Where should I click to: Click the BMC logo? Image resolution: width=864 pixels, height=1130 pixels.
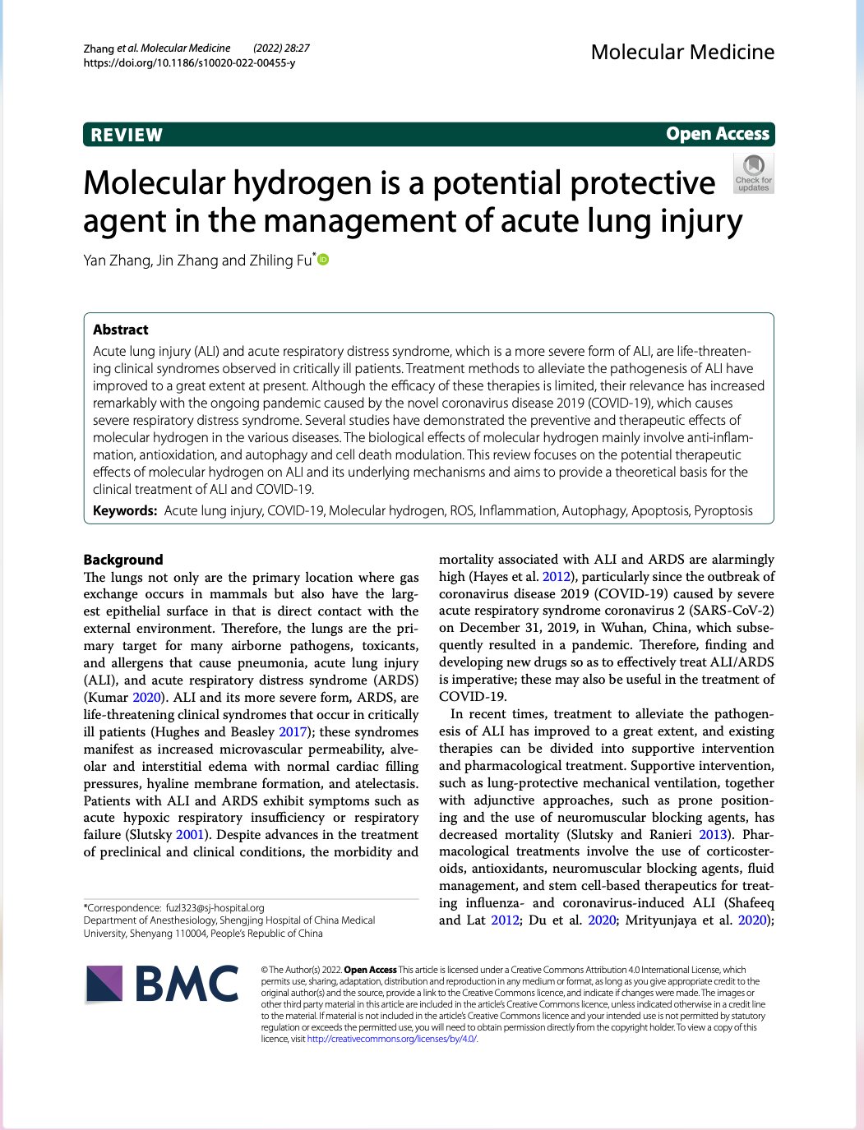click(x=163, y=984)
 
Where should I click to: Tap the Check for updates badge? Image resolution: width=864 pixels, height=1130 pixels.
click(x=753, y=173)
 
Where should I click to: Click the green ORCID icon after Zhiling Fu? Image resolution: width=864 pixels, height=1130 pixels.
click(x=323, y=260)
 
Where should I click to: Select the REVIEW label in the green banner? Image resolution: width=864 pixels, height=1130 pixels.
click(x=127, y=135)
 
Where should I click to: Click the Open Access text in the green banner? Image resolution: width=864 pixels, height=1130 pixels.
click(x=717, y=134)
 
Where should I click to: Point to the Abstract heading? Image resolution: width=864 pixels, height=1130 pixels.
click(x=121, y=330)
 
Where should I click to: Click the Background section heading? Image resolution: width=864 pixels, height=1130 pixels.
click(x=123, y=560)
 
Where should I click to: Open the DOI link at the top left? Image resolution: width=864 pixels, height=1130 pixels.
click(x=189, y=63)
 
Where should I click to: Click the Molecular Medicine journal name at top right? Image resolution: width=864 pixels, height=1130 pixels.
click(x=682, y=52)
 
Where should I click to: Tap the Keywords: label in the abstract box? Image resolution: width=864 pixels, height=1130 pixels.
click(x=125, y=510)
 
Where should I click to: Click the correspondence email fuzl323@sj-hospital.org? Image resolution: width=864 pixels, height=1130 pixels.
click(x=215, y=908)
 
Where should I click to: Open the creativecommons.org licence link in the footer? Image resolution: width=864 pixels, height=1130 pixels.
click(x=391, y=1039)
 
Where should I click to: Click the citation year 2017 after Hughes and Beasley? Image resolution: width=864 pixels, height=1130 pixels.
click(x=293, y=731)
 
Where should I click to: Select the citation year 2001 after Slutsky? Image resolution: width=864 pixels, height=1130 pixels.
click(x=190, y=834)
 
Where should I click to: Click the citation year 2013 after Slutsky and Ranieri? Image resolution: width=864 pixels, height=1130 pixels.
click(x=713, y=834)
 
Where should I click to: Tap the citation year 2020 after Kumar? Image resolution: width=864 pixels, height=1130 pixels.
click(x=147, y=697)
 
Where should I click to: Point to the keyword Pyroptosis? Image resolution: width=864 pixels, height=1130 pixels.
click(x=723, y=510)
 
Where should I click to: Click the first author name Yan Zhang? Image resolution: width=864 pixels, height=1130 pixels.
click(x=117, y=261)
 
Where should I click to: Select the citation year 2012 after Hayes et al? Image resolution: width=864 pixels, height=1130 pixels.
click(x=557, y=576)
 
